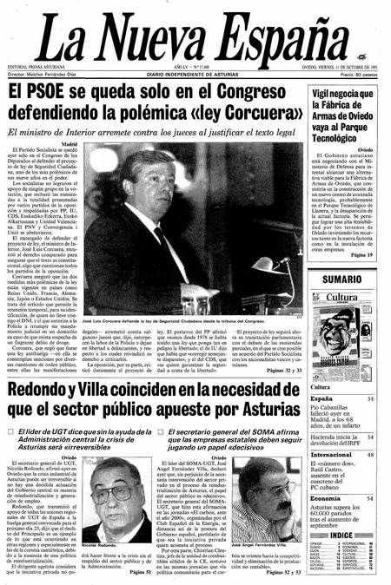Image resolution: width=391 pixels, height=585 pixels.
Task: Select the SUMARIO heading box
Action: pyautogui.click(x=342, y=280)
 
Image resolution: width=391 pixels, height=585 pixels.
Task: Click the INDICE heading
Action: pyautogui.click(x=341, y=536)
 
